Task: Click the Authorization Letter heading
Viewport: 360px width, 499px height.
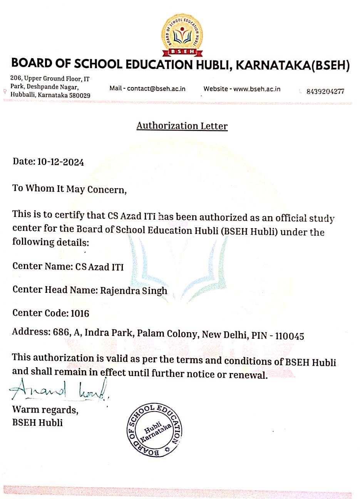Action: click(x=182, y=126)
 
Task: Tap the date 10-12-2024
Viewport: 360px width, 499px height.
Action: click(x=60, y=161)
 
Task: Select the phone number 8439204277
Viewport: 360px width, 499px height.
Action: click(x=325, y=91)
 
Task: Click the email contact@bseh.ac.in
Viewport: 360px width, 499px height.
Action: click(x=156, y=89)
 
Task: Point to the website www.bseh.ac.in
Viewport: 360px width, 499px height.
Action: click(x=257, y=89)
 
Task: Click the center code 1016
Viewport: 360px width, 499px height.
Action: click(x=80, y=313)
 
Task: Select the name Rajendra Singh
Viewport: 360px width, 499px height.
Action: click(x=134, y=290)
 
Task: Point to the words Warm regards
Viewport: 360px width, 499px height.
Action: click(x=45, y=410)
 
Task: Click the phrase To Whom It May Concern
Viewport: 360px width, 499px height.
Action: click(x=69, y=189)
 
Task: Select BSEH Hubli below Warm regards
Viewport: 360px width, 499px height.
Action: click(x=37, y=422)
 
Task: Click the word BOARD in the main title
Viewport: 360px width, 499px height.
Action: click(x=33, y=64)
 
